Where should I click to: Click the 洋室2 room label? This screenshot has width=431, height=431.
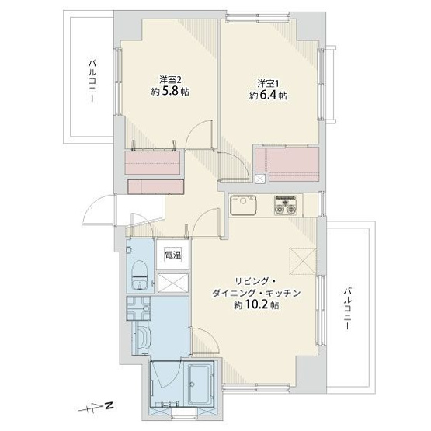[170, 78]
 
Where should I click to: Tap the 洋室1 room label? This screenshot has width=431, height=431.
[269, 82]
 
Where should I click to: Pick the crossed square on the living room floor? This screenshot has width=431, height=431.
[299, 258]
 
